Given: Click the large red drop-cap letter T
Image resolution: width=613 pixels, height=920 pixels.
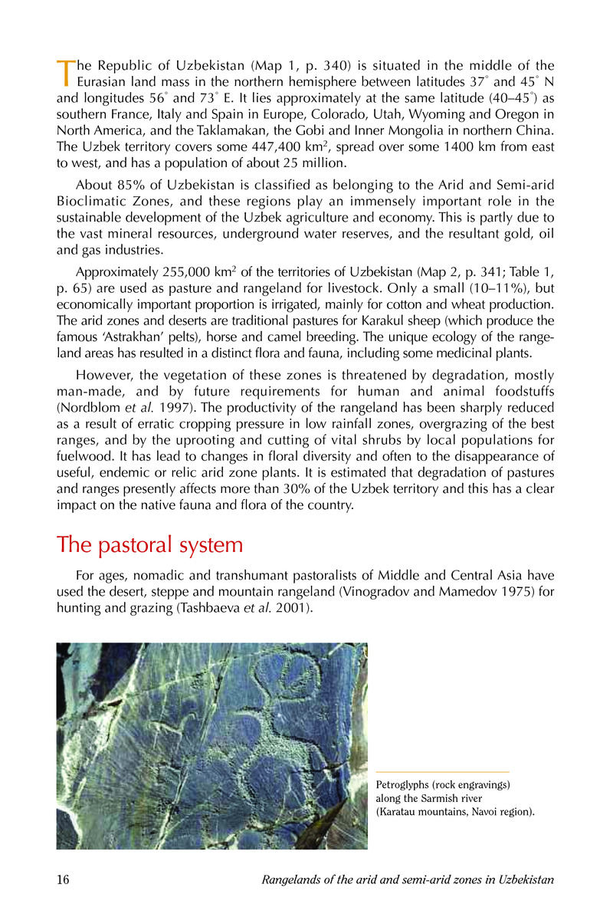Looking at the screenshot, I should [64, 71].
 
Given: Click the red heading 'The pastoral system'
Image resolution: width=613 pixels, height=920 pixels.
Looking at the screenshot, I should [150, 545].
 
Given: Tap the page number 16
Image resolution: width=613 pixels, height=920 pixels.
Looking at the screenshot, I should [64, 879].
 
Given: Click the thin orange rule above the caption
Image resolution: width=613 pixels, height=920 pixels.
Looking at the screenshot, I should [443, 771].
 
